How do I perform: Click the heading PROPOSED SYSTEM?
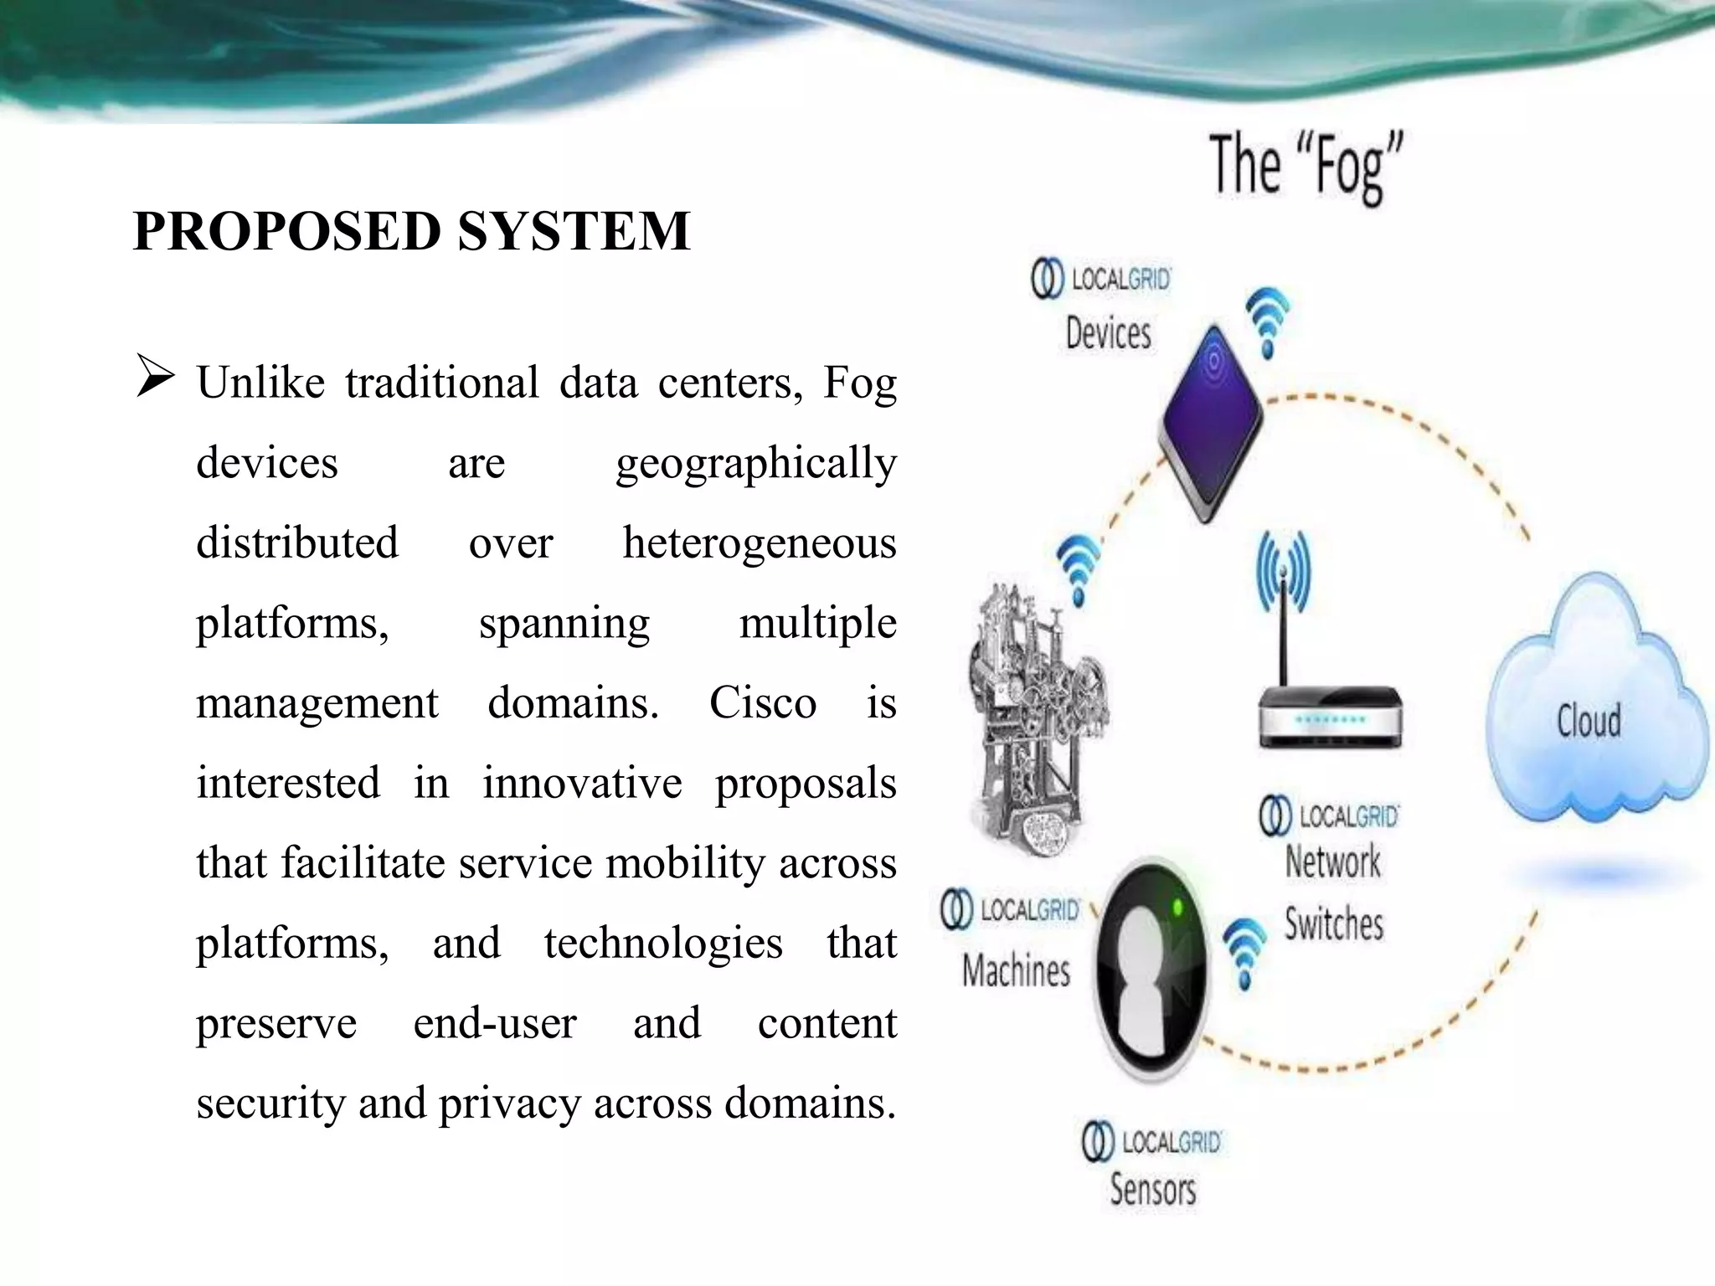pos(411,231)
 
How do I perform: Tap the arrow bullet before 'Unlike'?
pos(155,378)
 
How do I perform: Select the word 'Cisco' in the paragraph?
pos(762,702)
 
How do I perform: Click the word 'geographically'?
pos(755,463)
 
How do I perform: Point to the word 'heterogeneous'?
pos(759,543)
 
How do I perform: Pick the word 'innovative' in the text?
pos(582,783)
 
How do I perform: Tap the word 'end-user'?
pos(495,1023)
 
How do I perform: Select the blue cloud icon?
pos(1591,712)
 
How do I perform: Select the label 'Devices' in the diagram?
pos(1108,333)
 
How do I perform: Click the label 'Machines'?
pos(1016,971)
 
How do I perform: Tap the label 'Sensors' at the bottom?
pos(1152,1190)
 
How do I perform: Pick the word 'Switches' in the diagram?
pos(1334,924)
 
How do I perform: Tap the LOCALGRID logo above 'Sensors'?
pos(1152,1143)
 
